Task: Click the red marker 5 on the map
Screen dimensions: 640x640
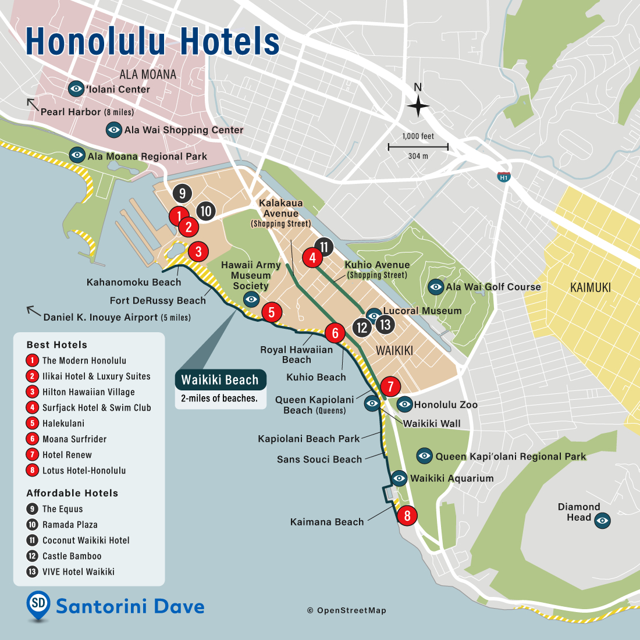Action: [x=271, y=312]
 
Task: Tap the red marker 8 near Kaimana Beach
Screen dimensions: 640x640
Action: [x=407, y=515]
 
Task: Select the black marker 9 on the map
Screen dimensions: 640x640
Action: [x=182, y=193]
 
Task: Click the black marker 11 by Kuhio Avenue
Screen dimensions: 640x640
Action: [x=324, y=247]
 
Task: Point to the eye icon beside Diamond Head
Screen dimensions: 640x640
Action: [x=602, y=520]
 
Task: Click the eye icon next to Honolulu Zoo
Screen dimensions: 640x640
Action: [x=404, y=404]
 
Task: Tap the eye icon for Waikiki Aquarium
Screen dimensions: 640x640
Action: [x=399, y=478]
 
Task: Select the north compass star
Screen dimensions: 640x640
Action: [x=418, y=106]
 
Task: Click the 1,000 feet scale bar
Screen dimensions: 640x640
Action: [x=418, y=147]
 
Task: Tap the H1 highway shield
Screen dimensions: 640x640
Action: [x=503, y=177]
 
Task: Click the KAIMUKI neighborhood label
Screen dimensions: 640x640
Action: [x=591, y=287]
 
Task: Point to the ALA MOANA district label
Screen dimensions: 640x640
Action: [x=148, y=74]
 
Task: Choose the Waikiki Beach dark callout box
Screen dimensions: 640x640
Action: [x=220, y=380]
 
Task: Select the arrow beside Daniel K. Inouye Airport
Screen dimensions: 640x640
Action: [x=34, y=311]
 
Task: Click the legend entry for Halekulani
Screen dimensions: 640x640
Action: [x=63, y=424]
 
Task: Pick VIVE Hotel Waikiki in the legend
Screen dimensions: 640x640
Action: [x=78, y=572]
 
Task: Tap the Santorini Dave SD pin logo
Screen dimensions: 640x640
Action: [x=38, y=605]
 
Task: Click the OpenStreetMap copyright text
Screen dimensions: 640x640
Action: [x=347, y=610]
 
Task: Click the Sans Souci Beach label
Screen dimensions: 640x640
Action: [x=319, y=460]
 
